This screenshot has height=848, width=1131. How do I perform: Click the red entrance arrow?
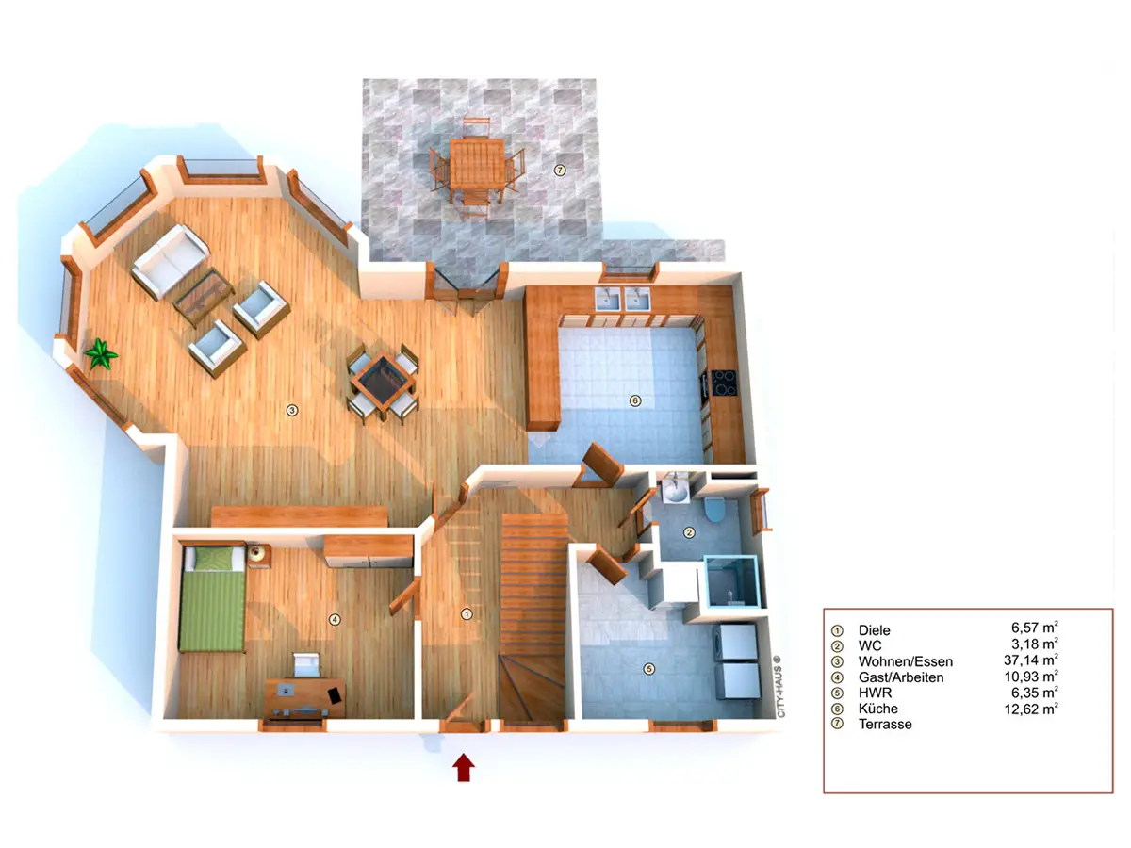coord(463,767)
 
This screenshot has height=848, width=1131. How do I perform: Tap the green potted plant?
coord(101,353)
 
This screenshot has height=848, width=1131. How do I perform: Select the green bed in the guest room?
coord(212,599)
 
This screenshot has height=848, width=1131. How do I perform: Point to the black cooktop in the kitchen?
coord(724,383)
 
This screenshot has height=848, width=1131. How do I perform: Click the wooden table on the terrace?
coord(477,164)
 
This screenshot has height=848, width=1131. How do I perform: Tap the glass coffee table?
coord(204,296)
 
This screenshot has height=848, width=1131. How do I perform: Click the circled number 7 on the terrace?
coord(560,170)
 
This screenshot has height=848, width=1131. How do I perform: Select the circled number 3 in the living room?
coord(292,411)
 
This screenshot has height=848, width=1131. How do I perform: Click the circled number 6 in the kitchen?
coord(635,400)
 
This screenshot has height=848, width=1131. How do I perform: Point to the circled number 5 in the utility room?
coord(648,669)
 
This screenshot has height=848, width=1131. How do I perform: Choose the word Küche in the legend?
coord(878,709)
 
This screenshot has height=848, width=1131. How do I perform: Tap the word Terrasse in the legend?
coord(885,724)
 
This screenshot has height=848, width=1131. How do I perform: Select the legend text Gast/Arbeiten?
coord(901,677)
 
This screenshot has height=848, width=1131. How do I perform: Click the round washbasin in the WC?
coord(675,492)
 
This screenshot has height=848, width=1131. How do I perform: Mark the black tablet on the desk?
coord(335,694)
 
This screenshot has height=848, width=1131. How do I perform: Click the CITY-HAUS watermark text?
coord(780,686)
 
